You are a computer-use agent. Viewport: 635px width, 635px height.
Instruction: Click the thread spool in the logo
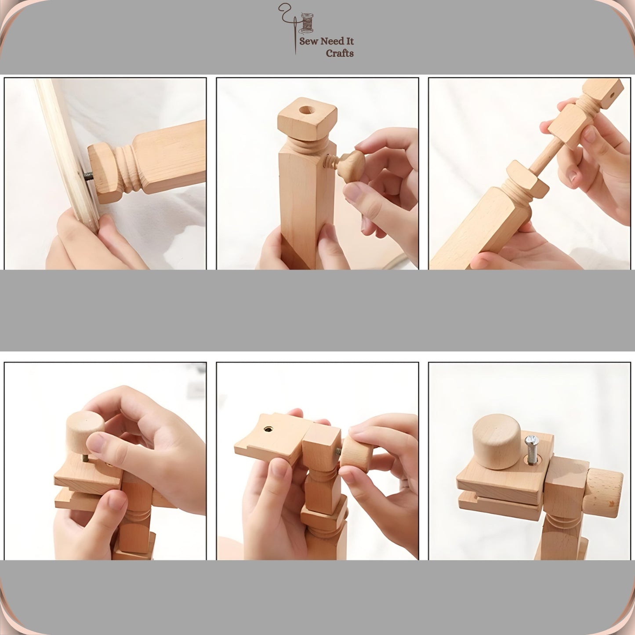point(307,23)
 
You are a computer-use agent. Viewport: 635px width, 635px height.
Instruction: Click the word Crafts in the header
point(340,53)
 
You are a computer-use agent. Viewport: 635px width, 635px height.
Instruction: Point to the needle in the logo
point(295,36)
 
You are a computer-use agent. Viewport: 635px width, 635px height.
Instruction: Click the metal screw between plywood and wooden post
point(89,175)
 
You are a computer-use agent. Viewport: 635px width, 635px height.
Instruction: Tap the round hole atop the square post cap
point(306,110)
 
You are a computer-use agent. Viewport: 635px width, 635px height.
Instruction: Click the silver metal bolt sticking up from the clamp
point(531,450)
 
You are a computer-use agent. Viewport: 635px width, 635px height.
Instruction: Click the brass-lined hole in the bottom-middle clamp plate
point(268,429)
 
